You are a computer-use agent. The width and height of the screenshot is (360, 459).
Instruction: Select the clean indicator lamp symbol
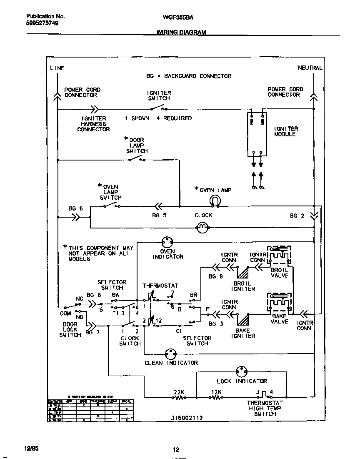[171, 354]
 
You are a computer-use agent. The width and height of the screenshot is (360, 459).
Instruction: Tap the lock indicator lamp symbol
[242, 371]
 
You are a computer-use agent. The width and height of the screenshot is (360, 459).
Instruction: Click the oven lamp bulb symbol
[215, 201]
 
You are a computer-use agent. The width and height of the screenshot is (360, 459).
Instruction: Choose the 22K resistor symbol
[180, 398]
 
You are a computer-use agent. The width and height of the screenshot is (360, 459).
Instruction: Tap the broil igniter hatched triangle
[243, 272]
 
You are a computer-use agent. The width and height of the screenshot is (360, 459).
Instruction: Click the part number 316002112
[187, 418]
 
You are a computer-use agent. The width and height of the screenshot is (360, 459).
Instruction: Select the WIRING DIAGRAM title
[181, 32]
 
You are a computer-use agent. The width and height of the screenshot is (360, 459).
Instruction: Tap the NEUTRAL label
[310, 68]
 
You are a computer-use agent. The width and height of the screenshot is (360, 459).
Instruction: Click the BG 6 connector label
[75, 208]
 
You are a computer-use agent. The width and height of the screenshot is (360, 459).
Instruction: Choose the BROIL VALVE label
[280, 273]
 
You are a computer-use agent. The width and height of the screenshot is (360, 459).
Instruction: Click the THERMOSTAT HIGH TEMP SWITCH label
[265, 408]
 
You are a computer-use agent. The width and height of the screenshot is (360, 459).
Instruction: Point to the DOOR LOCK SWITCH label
[70, 329]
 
